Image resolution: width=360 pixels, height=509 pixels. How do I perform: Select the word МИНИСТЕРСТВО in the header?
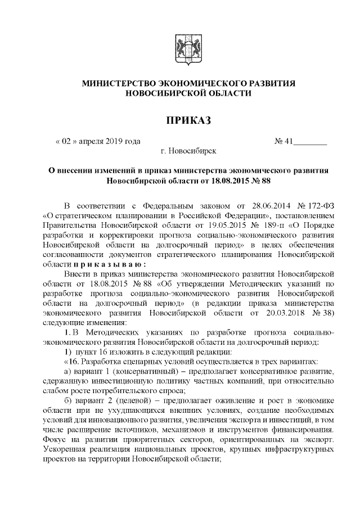(x=119, y=83)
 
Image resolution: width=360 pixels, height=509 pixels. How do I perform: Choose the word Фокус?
(x=55, y=442)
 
